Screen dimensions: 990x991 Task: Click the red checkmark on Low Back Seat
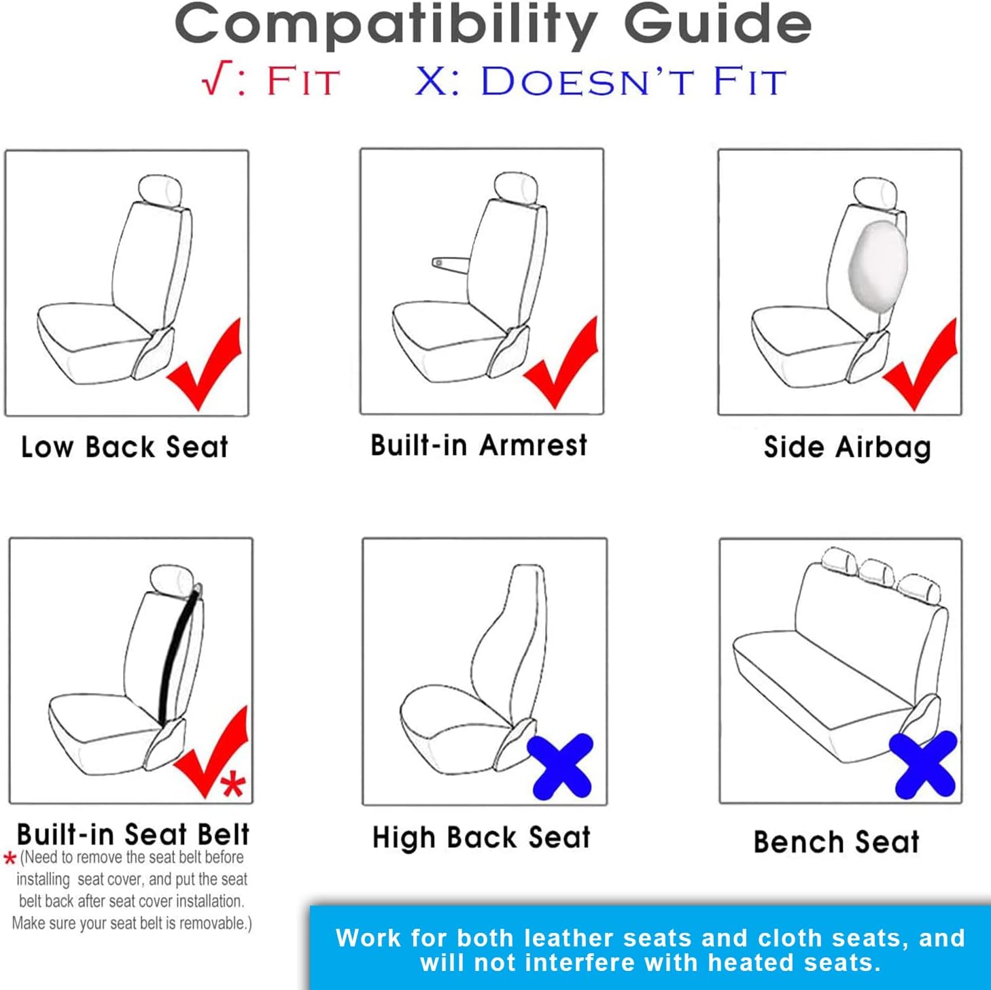[204, 371]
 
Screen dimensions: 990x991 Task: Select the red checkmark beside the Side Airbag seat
[920, 371]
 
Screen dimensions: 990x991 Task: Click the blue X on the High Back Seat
[561, 766]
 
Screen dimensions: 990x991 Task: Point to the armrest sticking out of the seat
[450, 263]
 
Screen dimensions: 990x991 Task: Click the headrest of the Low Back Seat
[161, 190]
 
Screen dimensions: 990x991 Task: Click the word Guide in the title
[717, 25]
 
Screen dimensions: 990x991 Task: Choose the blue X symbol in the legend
[430, 81]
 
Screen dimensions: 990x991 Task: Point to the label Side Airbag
[847, 447]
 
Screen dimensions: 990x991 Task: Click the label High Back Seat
[481, 838]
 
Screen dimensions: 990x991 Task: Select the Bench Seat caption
[836, 842]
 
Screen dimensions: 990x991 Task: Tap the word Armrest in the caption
[533, 445]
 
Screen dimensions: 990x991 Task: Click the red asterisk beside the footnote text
[10, 859]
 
